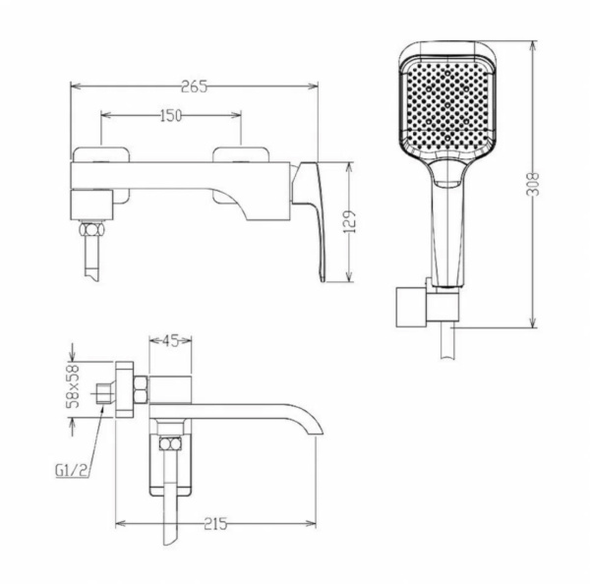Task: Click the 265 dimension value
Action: point(194,87)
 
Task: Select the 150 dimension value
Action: point(171,115)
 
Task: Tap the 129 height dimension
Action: point(349,222)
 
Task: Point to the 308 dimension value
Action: point(532,184)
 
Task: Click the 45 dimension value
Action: point(170,340)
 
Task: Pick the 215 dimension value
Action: point(215,524)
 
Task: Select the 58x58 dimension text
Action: point(73,386)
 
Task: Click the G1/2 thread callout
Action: point(72,470)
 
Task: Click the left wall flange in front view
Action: point(101,175)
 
